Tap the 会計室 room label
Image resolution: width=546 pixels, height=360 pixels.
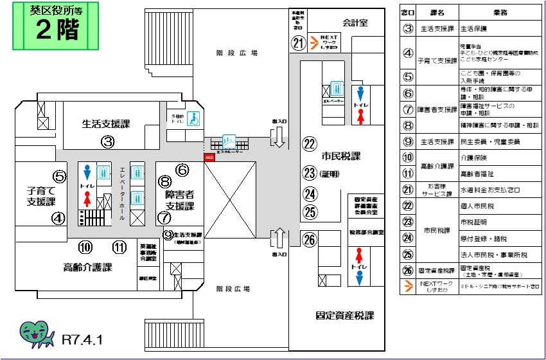[355, 22]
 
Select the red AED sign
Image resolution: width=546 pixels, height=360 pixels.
[208, 157]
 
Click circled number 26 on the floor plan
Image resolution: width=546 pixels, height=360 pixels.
[310, 240]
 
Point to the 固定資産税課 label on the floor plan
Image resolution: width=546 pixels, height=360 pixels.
[344, 316]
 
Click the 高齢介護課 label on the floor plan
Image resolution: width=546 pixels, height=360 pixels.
[88, 267]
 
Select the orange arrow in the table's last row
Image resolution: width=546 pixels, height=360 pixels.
[407, 287]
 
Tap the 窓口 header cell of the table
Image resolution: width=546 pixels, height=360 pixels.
[407, 12]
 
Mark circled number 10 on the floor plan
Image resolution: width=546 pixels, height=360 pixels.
[85, 247]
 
